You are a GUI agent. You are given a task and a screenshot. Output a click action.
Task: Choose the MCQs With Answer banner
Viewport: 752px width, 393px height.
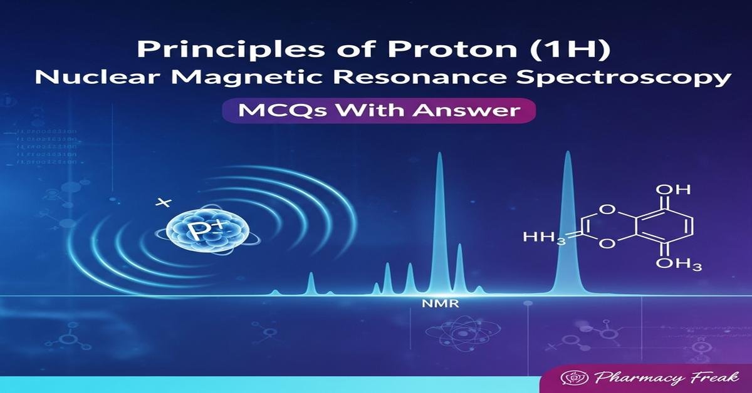coord(376,111)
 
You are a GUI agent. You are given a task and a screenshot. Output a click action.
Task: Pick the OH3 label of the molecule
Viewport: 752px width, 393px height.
coord(678,265)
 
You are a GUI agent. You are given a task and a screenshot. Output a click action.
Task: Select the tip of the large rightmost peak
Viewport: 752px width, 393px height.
coord(568,153)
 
